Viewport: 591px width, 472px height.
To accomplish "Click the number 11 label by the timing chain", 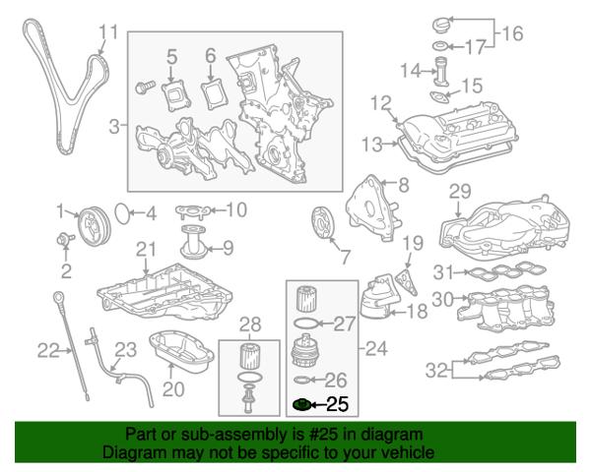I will coord(108,32).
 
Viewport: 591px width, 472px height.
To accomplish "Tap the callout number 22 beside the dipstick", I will coord(49,349).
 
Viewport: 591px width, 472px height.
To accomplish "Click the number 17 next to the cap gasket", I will coord(476,46).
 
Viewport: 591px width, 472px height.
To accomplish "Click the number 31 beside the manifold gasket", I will coord(445,273).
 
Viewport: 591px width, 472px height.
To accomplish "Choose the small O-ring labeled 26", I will coord(303,380).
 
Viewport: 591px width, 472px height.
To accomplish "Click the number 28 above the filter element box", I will coord(250,324).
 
